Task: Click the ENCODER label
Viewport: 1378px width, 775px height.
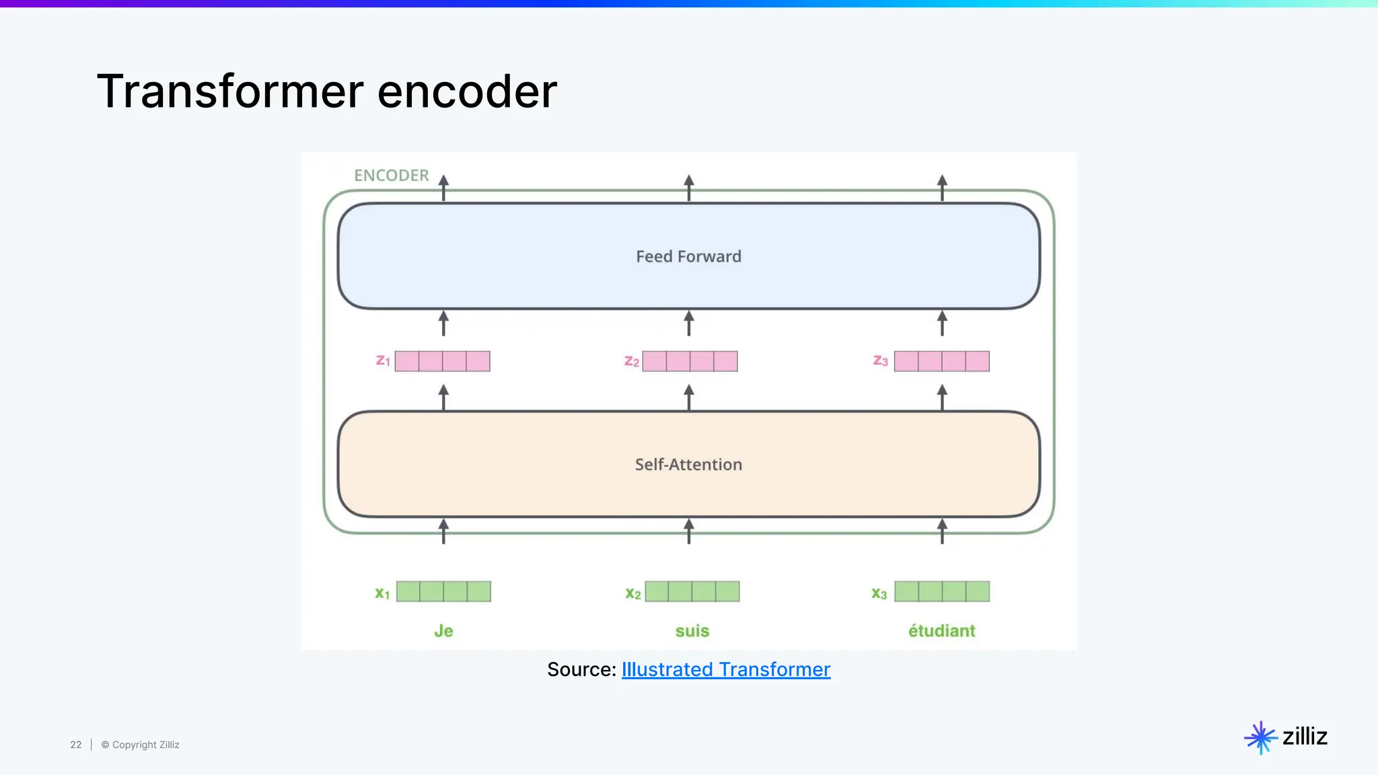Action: coord(391,176)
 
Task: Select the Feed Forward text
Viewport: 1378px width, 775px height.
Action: coord(688,256)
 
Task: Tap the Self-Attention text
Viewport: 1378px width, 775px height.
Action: coord(688,464)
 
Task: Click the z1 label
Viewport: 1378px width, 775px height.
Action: coord(383,361)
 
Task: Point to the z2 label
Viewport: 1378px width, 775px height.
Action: coord(631,361)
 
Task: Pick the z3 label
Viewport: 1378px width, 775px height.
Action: coord(880,361)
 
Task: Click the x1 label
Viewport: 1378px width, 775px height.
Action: coord(382,593)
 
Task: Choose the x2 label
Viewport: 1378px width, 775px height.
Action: coord(632,593)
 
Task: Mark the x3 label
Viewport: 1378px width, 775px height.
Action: coord(879,593)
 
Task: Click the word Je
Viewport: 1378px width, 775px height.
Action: coord(443,631)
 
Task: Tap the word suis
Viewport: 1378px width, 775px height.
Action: coord(692,631)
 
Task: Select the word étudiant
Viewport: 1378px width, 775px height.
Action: coord(941,631)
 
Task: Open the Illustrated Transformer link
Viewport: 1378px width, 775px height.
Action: coord(725,669)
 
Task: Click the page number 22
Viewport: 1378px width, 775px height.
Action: coord(76,745)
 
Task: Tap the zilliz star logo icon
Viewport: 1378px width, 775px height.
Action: coord(1260,737)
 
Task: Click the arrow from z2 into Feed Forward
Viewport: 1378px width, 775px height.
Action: coord(688,324)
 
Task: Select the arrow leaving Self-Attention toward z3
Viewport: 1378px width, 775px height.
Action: coord(942,397)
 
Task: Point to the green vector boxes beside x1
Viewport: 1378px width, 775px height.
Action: coord(443,591)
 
